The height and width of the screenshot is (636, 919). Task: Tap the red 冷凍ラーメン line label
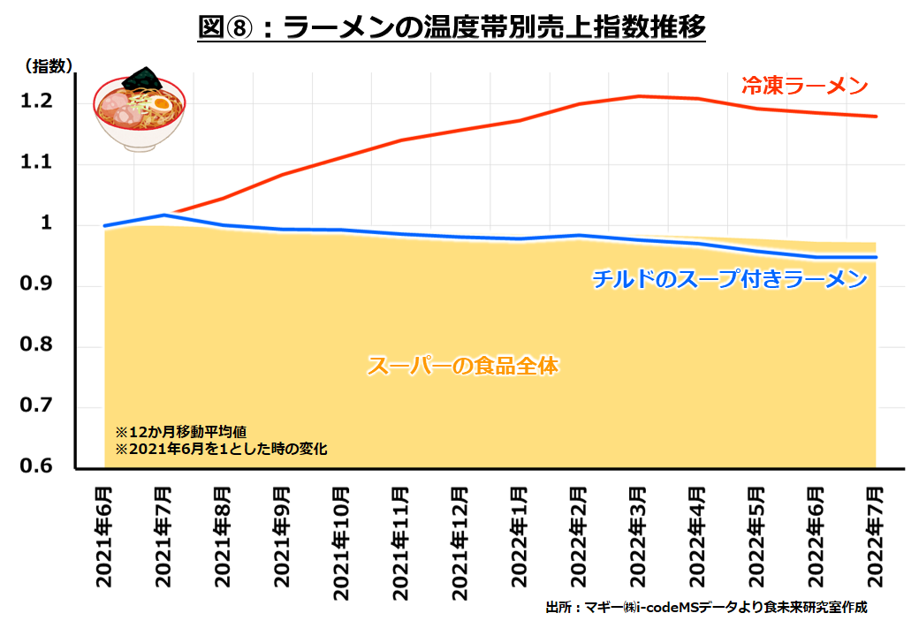(x=804, y=87)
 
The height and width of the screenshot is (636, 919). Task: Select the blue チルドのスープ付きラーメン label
(x=729, y=280)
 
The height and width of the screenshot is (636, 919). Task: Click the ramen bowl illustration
(x=141, y=110)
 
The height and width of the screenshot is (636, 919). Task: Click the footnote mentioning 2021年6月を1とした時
(x=221, y=449)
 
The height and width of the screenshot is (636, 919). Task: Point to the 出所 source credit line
(x=707, y=608)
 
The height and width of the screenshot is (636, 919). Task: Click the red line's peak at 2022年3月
(x=638, y=95)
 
